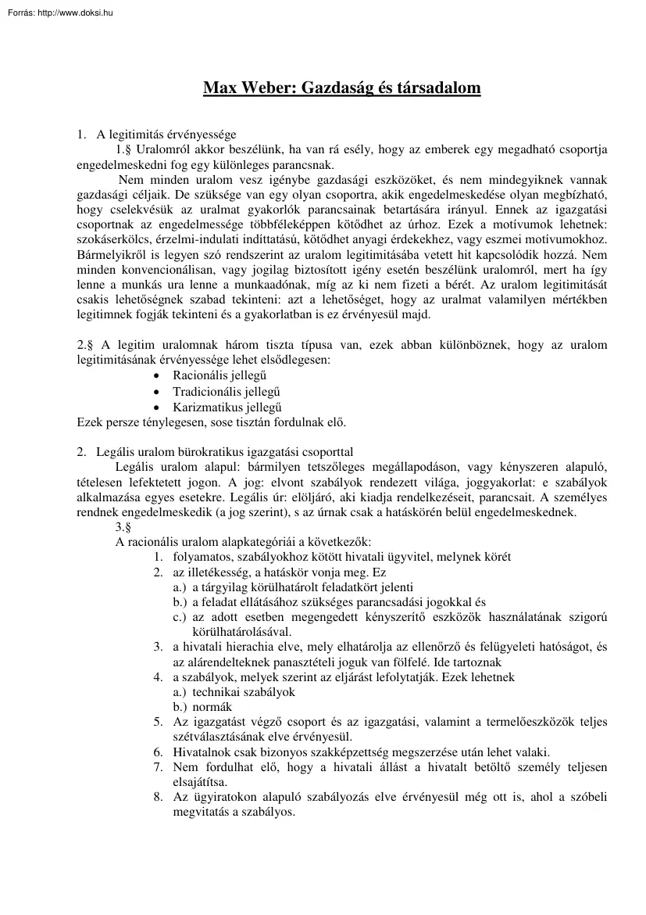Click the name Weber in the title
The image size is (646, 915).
[x=269, y=88]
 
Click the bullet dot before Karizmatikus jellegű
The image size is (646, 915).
[x=158, y=407]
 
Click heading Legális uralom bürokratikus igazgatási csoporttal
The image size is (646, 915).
[x=224, y=452]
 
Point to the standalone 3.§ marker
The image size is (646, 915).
[x=123, y=527]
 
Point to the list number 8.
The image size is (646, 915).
[x=158, y=797]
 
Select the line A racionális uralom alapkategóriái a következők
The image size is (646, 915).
[x=243, y=542]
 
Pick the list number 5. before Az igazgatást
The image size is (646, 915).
[x=158, y=722]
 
